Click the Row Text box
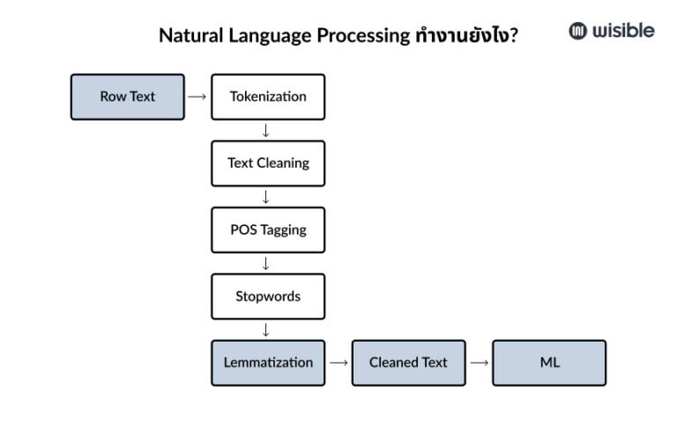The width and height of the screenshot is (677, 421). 127,97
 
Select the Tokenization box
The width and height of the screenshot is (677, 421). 268,97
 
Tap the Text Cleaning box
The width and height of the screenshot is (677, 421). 268,163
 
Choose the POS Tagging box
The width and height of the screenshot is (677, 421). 268,229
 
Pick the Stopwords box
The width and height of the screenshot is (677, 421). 268,297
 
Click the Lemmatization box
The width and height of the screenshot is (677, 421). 268,363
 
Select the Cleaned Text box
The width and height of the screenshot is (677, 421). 408,363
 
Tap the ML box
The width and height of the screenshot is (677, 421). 549,363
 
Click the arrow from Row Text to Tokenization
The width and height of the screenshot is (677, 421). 197,97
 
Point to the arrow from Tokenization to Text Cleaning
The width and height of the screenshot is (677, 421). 265,131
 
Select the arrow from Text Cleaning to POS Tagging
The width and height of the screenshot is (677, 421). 265,197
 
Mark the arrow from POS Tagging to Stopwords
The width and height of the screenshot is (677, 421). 265,263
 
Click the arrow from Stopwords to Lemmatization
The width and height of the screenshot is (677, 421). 265,330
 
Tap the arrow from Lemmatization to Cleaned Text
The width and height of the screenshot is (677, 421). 338,363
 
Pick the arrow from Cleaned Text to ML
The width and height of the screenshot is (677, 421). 479,363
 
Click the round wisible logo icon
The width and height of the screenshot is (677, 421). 578,31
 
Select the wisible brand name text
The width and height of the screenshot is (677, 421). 623,31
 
